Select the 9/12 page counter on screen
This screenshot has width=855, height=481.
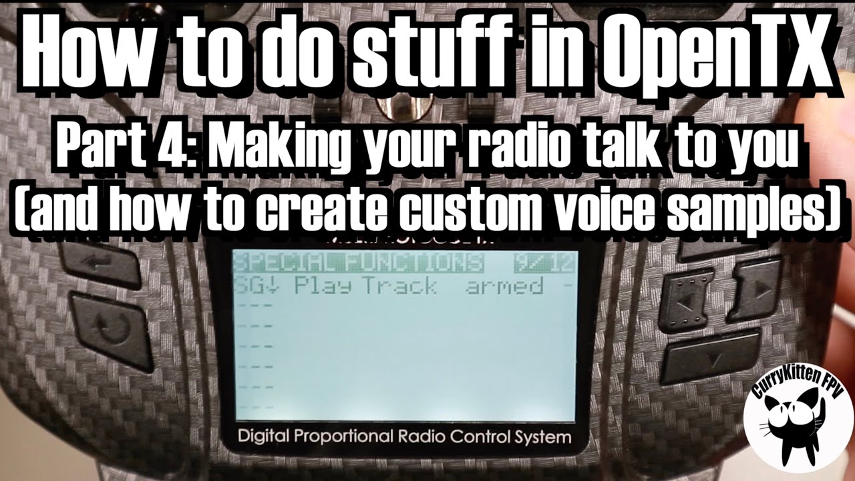[x=544, y=262]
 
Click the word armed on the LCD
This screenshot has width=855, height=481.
[x=504, y=286]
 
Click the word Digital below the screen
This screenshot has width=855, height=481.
[x=267, y=438]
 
